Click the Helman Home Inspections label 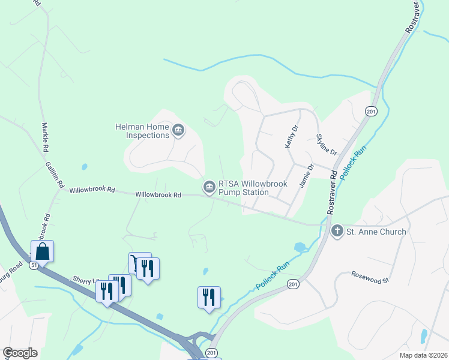[142, 130]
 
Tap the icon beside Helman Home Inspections [178, 130]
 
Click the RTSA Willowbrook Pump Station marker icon [209, 188]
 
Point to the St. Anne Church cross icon [337, 231]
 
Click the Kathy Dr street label [291, 137]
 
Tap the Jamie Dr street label [306, 176]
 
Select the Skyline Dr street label [327, 145]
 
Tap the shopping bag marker [42, 251]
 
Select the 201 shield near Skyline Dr [371, 111]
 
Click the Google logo [20, 353]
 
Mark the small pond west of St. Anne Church [299, 247]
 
